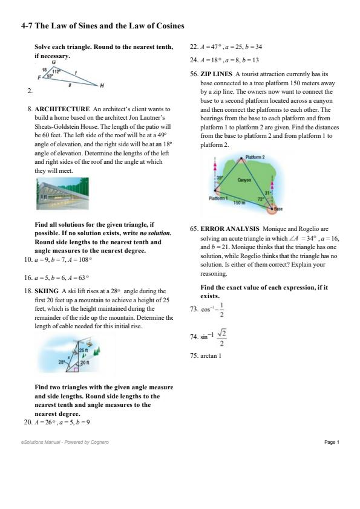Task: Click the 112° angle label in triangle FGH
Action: tap(56, 72)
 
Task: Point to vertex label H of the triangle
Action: tap(102, 86)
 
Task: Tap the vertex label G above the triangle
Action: tap(54, 62)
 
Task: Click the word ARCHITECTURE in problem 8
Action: tap(62, 109)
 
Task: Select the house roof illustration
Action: tap(62, 193)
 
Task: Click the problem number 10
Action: tap(28, 259)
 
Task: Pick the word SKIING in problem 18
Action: tap(47, 291)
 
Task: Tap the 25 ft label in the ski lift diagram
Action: tap(83, 351)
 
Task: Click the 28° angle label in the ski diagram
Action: tap(62, 362)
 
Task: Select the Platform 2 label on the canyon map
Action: tap(255, 157)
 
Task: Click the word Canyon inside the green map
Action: tap(244, 180)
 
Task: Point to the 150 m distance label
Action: tap(239, 203)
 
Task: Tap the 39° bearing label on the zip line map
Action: tap(220, 178)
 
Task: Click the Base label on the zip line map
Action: tap(278, 209)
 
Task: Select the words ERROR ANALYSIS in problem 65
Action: tap(230, 229)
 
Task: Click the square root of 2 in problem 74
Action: tap(222, 332)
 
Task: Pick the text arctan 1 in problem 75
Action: tap(211, 356)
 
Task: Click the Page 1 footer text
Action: tap(332, 442)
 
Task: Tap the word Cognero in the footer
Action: tap(100, 442)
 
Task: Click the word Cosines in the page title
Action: tap(170, 25)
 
